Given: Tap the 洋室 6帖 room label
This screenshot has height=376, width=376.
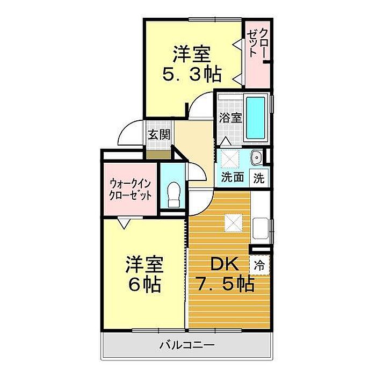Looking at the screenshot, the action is (x=144, y=274).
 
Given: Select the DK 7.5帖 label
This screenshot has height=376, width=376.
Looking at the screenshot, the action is (x=225, y=274).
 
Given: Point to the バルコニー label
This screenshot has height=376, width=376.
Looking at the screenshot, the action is (x=187, y=345).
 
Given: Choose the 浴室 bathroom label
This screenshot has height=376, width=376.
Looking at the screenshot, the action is (x=230, y=118).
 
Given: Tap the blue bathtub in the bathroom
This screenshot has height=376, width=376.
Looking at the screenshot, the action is (x=256, y=118).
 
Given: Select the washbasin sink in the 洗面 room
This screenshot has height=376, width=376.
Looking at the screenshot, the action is (x=256, y=157).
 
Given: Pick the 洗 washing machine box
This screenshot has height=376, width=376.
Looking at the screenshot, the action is (x=259, y=178).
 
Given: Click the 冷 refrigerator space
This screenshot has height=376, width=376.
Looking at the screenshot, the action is (x=259, y=265).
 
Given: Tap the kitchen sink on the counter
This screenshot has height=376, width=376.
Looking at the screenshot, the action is (x=261, y=228).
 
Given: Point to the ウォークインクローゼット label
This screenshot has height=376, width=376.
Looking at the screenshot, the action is (x=130, y=190).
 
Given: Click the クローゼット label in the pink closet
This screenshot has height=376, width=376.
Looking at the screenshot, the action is (x=257, y=43).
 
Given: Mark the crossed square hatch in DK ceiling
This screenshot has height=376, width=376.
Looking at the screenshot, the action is (x=233, y=223).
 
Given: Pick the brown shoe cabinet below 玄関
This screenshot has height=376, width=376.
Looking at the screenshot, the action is (x=158, y=155).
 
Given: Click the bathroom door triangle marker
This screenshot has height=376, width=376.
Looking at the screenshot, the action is (x=226, y=141).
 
